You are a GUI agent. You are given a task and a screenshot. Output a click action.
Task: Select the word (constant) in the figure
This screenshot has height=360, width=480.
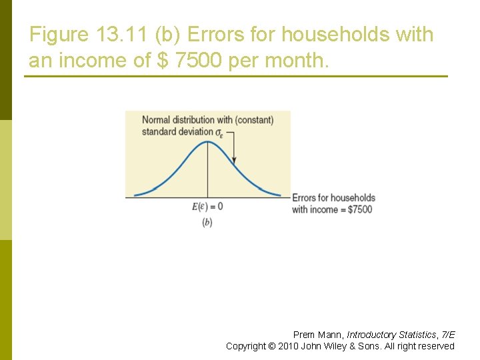coord(254,120)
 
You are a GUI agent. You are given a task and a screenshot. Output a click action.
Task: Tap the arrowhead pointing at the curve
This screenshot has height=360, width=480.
coord(235,161)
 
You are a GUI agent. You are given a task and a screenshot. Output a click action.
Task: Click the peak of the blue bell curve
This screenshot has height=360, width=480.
coord(207,141)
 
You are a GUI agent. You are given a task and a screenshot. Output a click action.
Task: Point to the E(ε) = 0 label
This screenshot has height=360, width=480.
coord(207,207)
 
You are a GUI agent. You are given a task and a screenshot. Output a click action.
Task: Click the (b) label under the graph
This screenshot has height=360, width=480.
coord(207,223)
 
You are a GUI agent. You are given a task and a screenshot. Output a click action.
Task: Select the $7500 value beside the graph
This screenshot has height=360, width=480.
coord(360,209)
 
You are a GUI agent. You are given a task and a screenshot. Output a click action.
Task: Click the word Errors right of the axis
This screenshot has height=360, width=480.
coord(305,198)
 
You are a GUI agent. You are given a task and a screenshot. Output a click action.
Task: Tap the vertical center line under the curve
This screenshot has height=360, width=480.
coord(207,173)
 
